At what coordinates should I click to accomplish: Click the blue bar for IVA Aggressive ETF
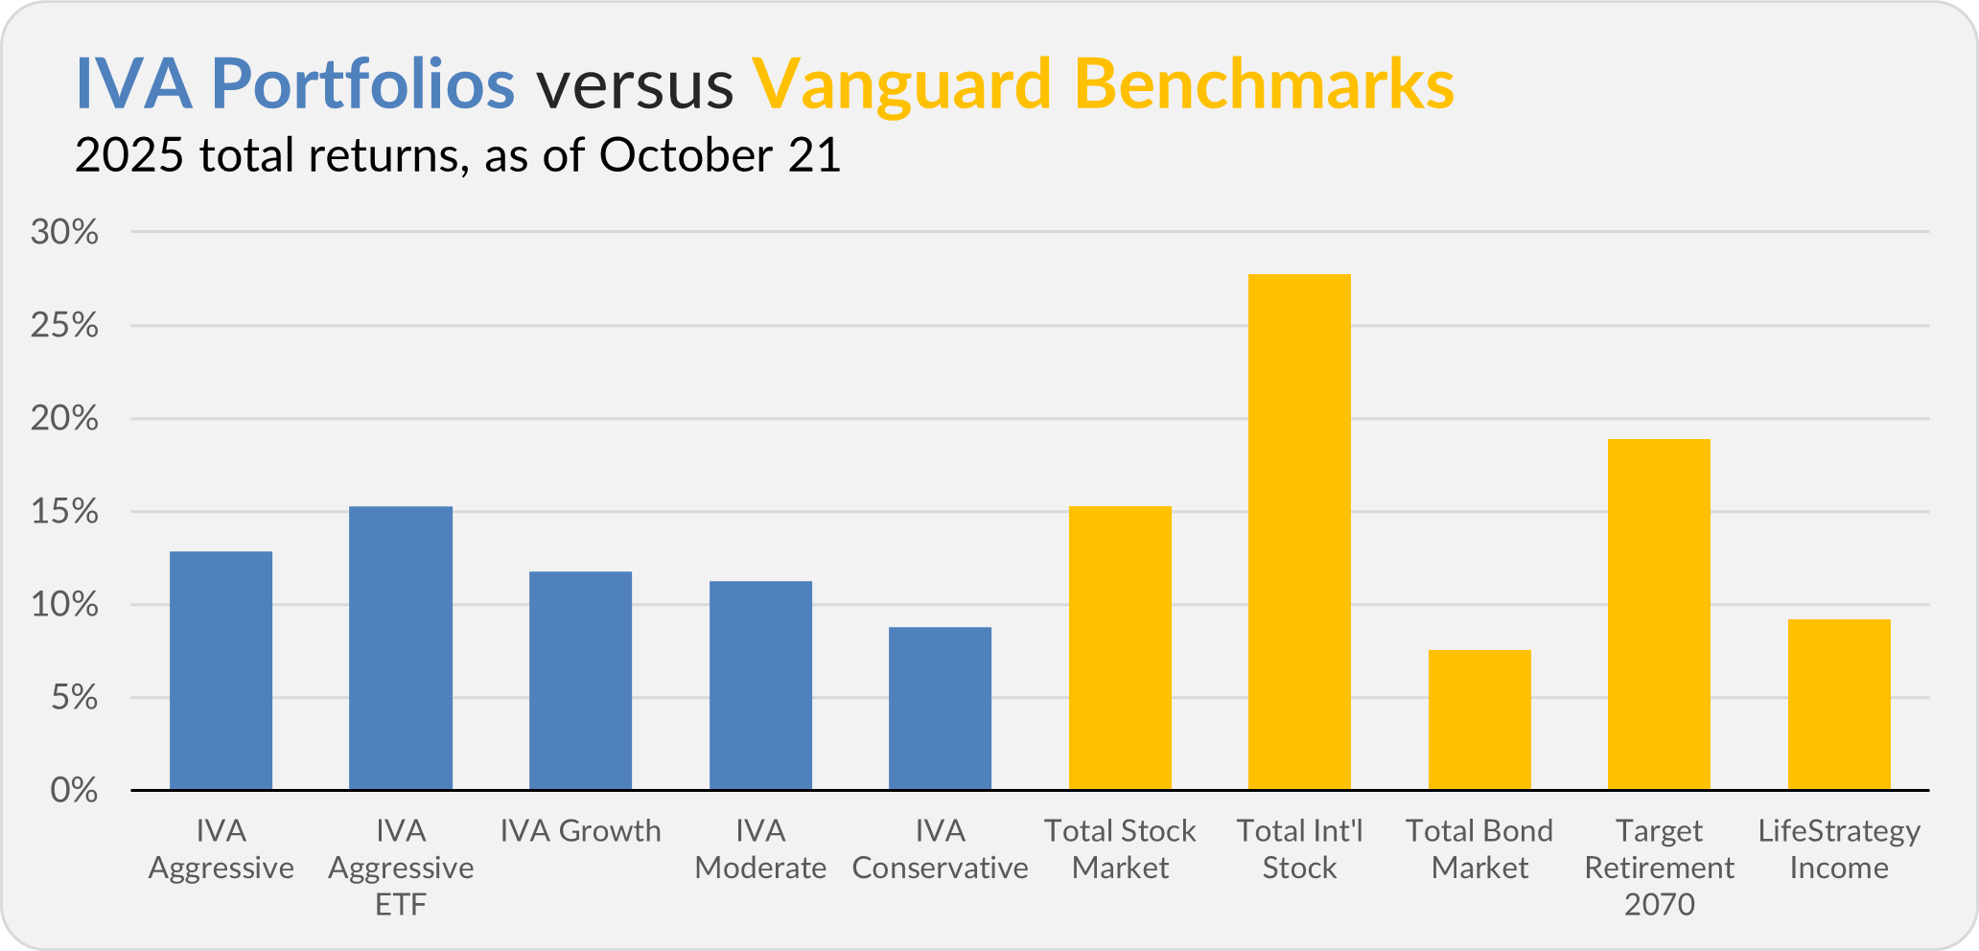point(401,648)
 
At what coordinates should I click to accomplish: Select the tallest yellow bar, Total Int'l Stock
point(1299,532)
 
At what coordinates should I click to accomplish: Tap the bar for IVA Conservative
point(940,708)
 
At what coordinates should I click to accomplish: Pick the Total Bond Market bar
point(1479,720)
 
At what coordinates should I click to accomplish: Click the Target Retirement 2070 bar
point(1659,615)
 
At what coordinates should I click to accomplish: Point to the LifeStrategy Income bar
point(1839,705)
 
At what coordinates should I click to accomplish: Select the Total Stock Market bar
point(1120,648)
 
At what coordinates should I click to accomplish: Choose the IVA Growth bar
point(580,681)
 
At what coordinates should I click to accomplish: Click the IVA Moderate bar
point(760,685)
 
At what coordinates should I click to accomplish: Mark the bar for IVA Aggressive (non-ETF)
point(221,670)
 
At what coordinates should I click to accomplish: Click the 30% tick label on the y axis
point(64,232)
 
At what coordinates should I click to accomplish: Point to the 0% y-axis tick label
point(74,791)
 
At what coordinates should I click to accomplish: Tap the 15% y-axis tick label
point(64,512)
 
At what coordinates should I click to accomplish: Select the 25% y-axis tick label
point(64,326)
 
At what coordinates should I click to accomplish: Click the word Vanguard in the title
point(901,84)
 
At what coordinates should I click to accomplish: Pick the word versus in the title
point(634,84)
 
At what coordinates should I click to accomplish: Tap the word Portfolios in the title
point(362,84)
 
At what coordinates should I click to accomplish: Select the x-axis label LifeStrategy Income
point(1839,848)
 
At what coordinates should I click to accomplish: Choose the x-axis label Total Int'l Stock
point(1299,848)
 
